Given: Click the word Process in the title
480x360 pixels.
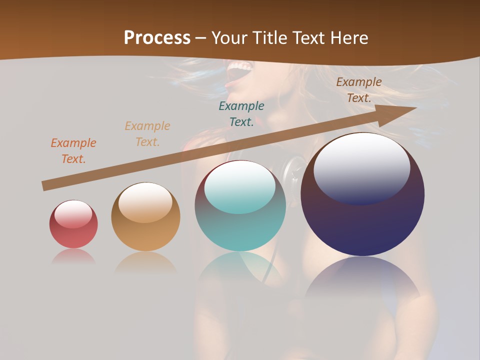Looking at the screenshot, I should [x=157, y=38].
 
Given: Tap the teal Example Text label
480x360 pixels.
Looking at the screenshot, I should [x=241, y=113].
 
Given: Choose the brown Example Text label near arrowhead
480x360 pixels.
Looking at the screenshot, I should [x=359, y=90].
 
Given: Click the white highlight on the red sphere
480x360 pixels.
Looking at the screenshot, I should [x=73, y=214].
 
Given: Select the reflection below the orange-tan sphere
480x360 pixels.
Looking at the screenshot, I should [x=145, y=263].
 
